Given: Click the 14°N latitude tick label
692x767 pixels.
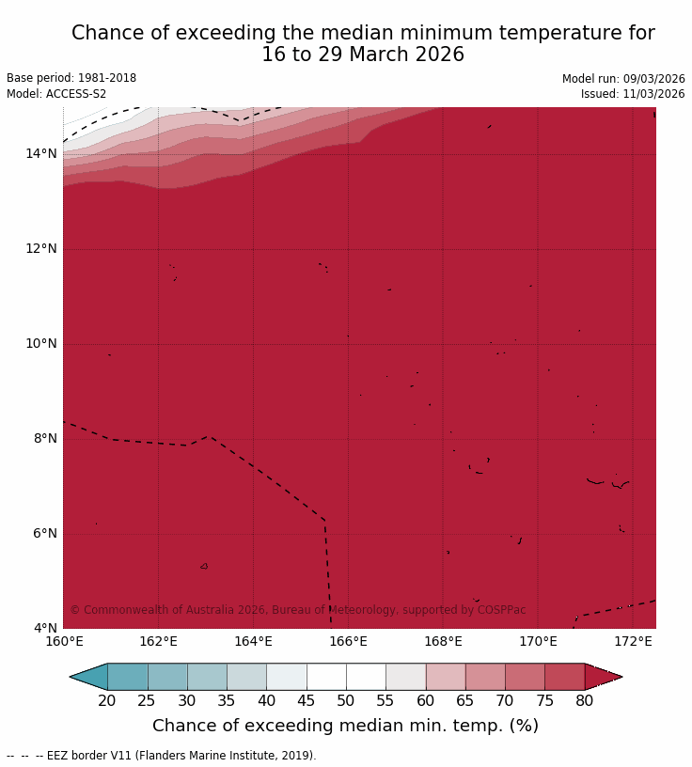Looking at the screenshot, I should click(x=41, y=153).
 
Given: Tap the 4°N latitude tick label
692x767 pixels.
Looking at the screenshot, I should click(x=44, y=628).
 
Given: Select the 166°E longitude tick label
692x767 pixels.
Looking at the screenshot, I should click(x=348, y=642).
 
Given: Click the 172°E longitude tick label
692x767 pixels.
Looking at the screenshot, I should click(x=633, y=642).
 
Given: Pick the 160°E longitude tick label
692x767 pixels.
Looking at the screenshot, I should click(x=64, y=642).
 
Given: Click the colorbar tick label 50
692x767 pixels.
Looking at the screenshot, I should click(x=346, y=700).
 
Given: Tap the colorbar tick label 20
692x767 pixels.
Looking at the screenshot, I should click(x=107, y=700).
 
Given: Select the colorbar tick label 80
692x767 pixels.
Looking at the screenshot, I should click(x=585, y=700).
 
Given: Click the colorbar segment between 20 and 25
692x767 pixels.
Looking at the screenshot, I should click(x=127, y=677).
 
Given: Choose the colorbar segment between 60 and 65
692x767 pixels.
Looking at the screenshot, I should click(x=446, y=677).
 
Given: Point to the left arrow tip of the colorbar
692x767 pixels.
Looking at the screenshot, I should click(x=71, y=677).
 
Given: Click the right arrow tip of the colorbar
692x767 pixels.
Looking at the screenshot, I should click(x=621, y=677).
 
